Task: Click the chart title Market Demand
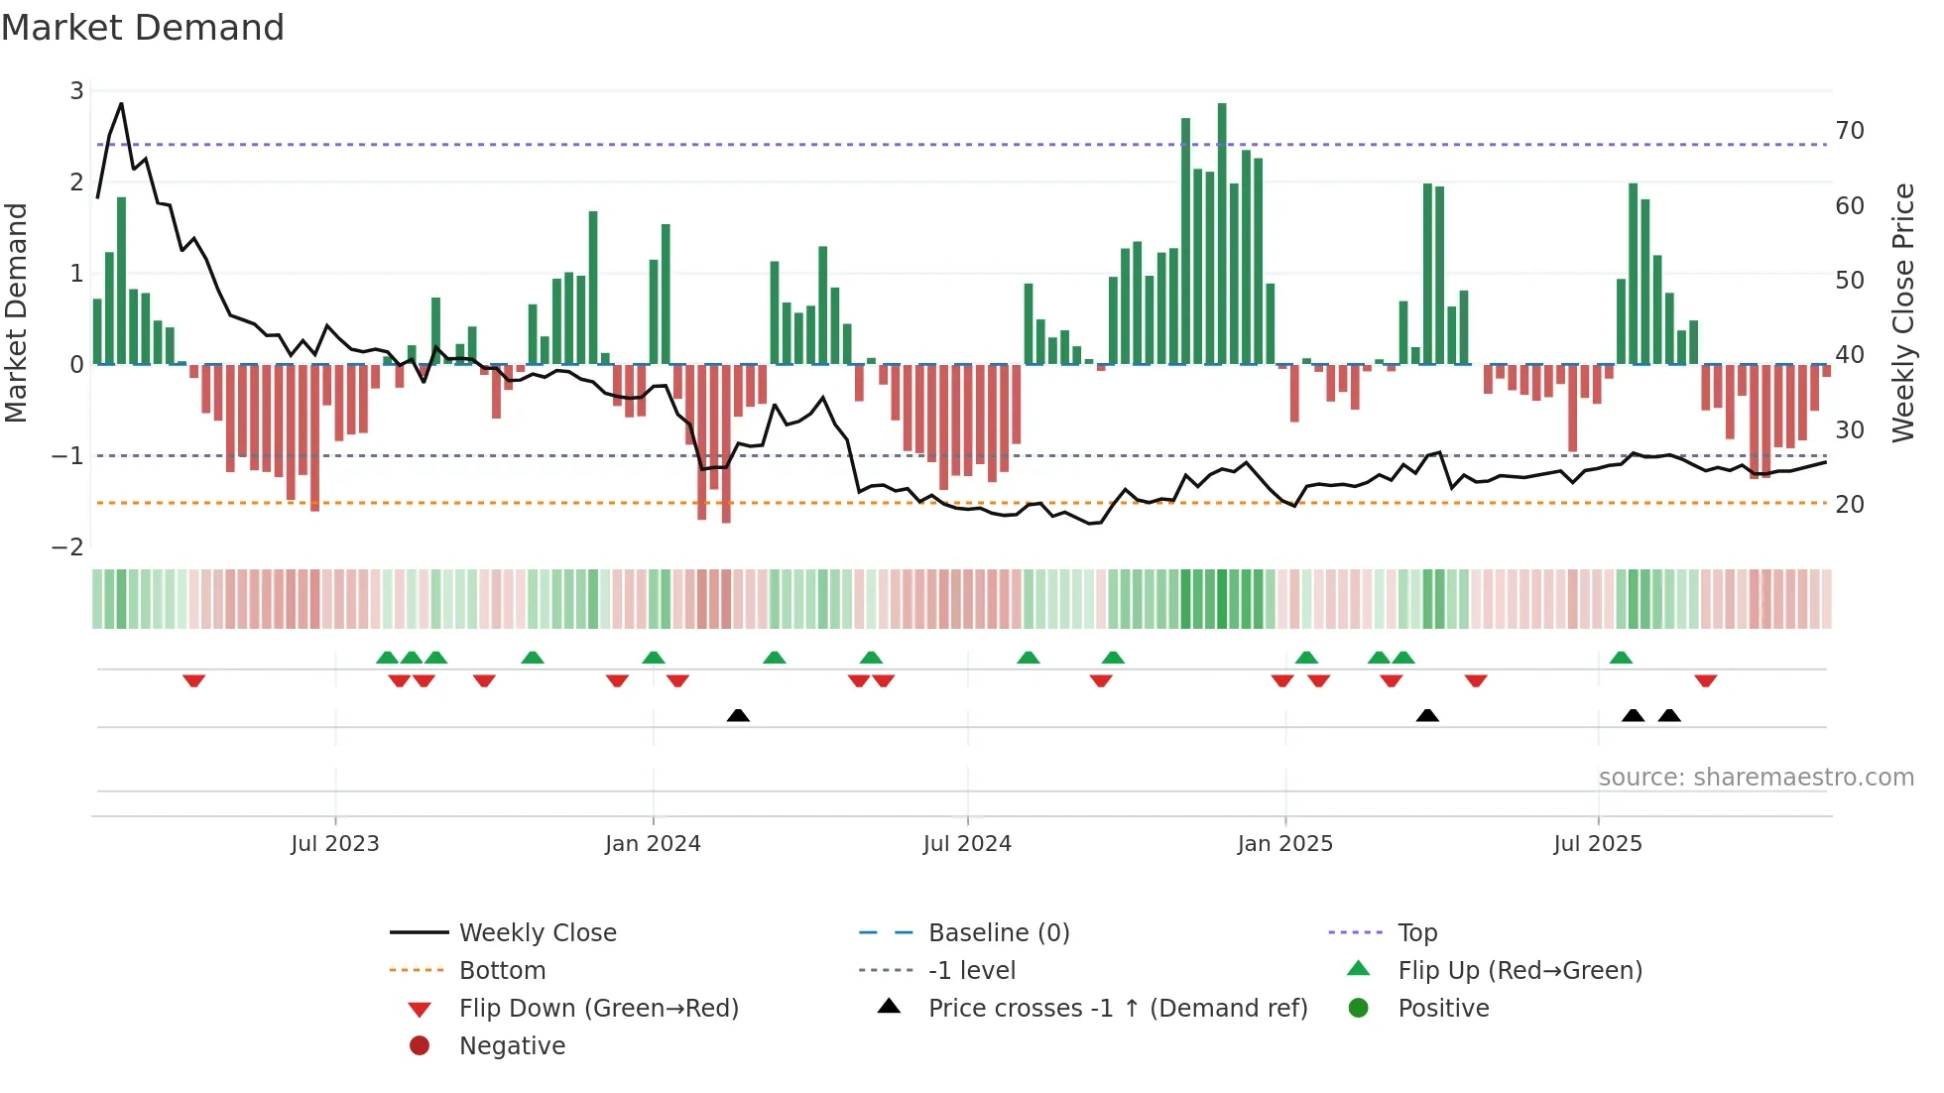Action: click(143, 28)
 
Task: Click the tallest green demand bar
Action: click(1222, 233)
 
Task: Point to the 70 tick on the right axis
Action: click(1850, 131)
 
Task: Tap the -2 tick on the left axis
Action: click(68, 547)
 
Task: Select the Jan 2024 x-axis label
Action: click(653, 844)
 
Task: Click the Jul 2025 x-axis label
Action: click(1597, 844)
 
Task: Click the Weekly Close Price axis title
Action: click(1902, 312)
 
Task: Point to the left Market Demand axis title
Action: click(16, 312)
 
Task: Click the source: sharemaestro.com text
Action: click(1756, 778)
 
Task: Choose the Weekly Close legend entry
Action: click(537, 933)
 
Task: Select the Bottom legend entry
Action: click(502, 971)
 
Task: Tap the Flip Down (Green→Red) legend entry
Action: click(598, 1009)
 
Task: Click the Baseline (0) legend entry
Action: click(998, 933)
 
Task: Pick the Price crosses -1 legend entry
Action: click(1117, 1009)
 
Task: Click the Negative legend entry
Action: click(512, 1046)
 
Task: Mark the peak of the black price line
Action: click(121, 103)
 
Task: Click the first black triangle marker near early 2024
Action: click(738, 715)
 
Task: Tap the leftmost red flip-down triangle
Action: click(194, 680)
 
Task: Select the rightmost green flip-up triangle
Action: click(1621, 658)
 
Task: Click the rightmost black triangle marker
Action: click(1669, 715)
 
